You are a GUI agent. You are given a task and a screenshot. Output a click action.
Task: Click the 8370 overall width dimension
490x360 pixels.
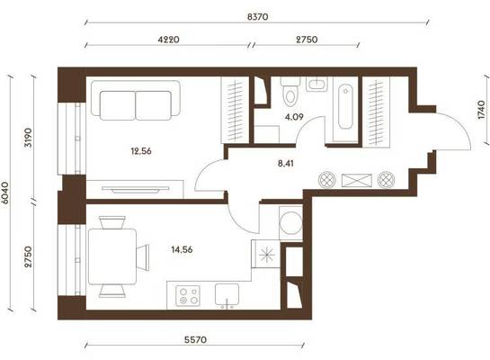[x=257, y=16]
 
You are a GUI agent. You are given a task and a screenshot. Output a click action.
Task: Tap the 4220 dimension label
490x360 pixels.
[x=168, y=40]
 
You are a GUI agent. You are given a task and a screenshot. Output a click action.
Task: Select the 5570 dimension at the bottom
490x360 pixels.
[x=195, y=339]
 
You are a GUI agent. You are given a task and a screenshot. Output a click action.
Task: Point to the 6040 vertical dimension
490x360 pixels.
[x=5, y=193]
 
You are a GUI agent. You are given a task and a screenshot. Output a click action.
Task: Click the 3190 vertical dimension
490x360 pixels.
[x=28, y=138]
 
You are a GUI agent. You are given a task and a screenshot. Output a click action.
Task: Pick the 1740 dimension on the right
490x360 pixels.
[x=482, y=110]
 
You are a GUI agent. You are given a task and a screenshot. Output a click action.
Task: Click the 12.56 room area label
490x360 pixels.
[x=141, y=151]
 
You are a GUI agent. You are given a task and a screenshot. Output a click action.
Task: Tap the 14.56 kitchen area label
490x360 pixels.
[x=182, y=249]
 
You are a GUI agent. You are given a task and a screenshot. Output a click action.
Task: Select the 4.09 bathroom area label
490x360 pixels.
[x=294, y=117]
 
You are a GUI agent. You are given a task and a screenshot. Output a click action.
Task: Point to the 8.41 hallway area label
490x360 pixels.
[x=286, y=163]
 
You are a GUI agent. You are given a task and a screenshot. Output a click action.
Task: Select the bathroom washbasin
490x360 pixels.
[x=316, y=84]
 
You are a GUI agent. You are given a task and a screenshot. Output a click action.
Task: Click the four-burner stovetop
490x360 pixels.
[x=188, y=296]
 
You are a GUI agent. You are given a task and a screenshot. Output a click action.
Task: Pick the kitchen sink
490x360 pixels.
[x=227, y=295]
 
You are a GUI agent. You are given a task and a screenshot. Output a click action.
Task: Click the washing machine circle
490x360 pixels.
[x=291, y=223]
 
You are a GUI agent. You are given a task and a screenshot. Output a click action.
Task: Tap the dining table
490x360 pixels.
[x=112, y=256]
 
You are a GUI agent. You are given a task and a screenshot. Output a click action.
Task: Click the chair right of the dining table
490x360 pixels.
[x=143, y=257]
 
